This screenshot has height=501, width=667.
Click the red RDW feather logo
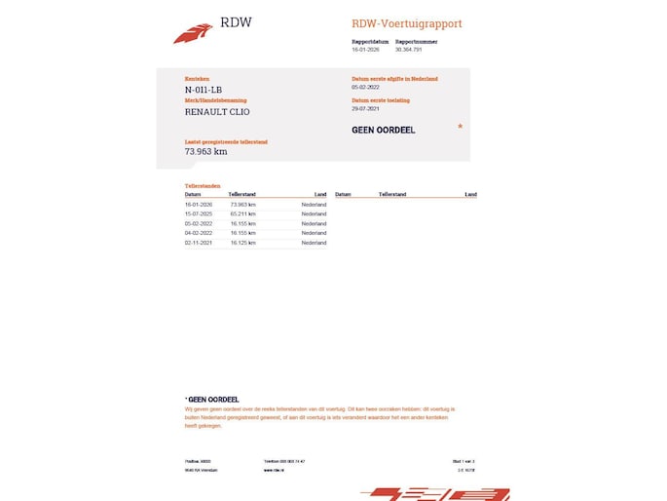(192, 33)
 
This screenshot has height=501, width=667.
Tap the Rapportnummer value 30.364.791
(409, 50)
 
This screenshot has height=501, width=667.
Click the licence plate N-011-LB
(202, 90)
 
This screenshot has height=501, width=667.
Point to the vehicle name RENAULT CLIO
(216, 111)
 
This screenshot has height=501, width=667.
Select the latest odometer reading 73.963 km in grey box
(206, 151)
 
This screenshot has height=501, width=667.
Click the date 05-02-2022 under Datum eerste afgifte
(366, 86)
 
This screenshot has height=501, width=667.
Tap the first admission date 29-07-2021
(366, 108)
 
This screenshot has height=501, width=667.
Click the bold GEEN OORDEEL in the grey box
(384, 130)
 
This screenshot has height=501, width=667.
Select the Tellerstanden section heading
(203, 185)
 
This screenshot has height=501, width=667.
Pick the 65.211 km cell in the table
(242, 213)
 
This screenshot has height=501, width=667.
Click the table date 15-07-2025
(199, 213)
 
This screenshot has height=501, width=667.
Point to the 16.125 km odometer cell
(242, 243)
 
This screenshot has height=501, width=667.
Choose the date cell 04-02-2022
(199, 233)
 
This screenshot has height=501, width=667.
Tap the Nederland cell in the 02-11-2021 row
(314, 243)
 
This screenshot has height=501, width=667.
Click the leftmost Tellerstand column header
(241, 195)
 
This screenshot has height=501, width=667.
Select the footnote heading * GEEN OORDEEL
(211, 399)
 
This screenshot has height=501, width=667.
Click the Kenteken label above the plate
(197, 78)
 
